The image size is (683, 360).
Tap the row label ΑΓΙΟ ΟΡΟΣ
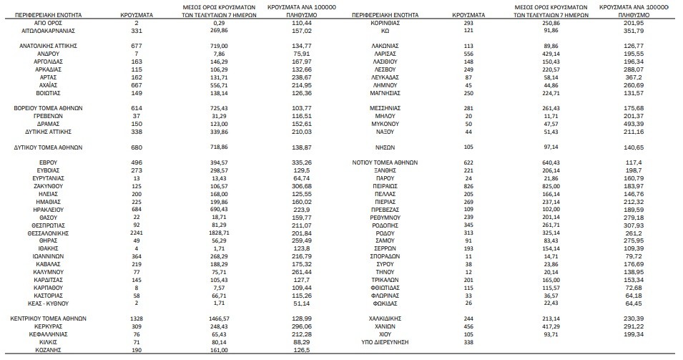click(x=49, y=24)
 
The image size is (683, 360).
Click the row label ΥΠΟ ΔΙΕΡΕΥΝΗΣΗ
click(x=385, y=343)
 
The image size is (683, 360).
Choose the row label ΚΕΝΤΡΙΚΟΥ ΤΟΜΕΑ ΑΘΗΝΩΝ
click(x=49, y=317)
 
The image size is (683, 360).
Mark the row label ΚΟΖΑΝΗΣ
click(x=49, y=351)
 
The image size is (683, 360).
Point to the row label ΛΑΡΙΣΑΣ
click(x=385, y=54)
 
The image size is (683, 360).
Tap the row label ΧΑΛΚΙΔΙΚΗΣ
click(x=385, y=317)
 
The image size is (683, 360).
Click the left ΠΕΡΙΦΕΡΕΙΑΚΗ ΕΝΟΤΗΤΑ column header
click(x=47, y=14)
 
